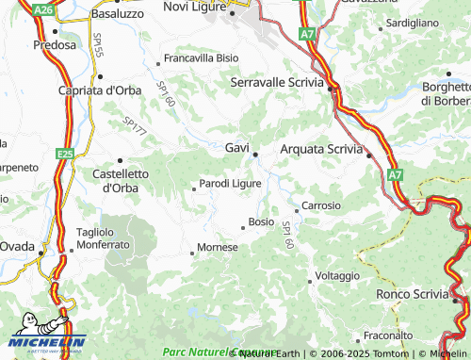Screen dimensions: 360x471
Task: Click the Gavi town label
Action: click(236, 148)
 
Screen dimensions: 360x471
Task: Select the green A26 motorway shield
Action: click(41, 9)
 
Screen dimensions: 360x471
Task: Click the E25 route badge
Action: click(64, 153)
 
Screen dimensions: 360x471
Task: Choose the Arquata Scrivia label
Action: click(321, 148)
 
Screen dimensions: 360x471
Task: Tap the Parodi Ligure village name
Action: click(231, 184)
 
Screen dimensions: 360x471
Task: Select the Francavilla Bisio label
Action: click(201, 58)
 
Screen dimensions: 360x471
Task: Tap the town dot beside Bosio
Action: click(243, 227)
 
